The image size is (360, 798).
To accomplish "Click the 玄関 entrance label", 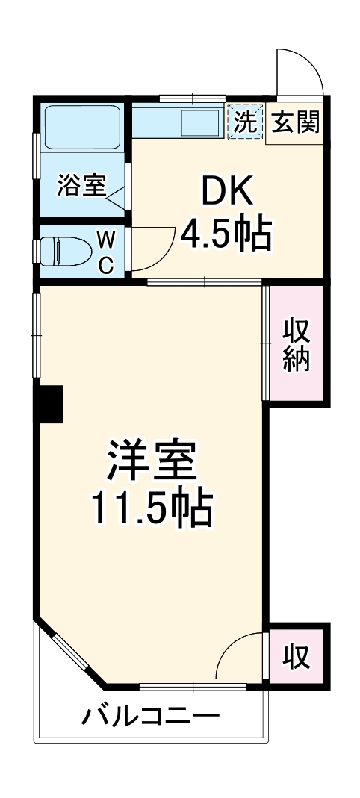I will [x=296, y=122].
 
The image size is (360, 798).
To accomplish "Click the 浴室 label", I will [x=81, y=186].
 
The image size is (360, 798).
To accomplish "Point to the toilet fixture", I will [x=64, y=250].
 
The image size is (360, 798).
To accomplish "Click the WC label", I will [x=107, y=252].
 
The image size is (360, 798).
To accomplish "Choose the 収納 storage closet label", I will [x=296, y=346].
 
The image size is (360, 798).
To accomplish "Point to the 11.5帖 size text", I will [x=152, y=509].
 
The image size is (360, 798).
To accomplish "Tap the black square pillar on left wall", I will [x=52, y=403].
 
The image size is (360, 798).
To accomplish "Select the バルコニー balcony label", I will [x=151, y=718].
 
